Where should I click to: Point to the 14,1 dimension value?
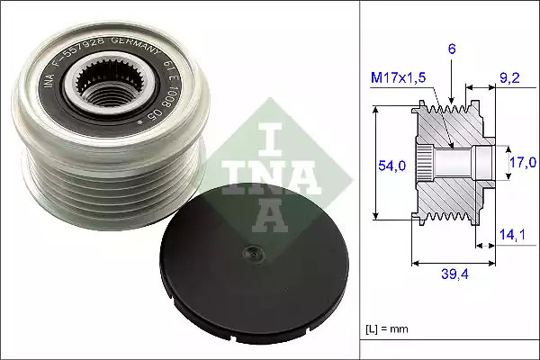pos(512,237)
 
